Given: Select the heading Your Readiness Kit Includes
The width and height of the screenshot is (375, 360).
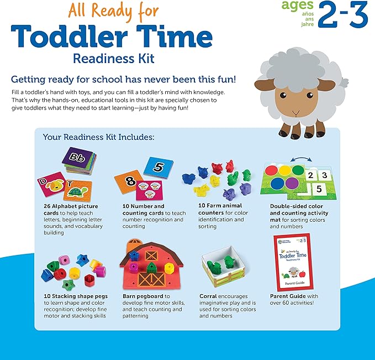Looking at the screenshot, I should (98, 136).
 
